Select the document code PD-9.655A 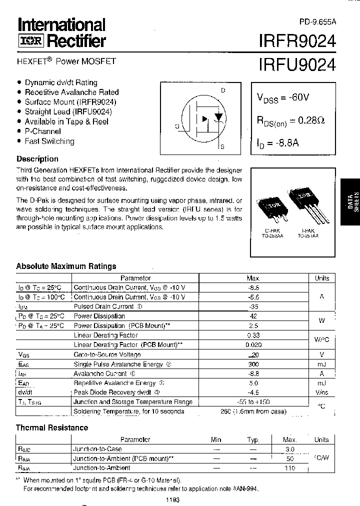317,21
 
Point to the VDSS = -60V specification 282,97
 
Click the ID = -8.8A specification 278,143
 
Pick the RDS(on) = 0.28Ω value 290,120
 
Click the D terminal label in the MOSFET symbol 223,90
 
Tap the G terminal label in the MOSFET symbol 177,126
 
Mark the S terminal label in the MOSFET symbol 222,146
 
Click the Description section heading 37,159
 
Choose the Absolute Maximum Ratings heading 66,266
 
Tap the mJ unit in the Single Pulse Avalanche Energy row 322,364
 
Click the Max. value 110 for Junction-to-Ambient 290,468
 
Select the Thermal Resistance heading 52,427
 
